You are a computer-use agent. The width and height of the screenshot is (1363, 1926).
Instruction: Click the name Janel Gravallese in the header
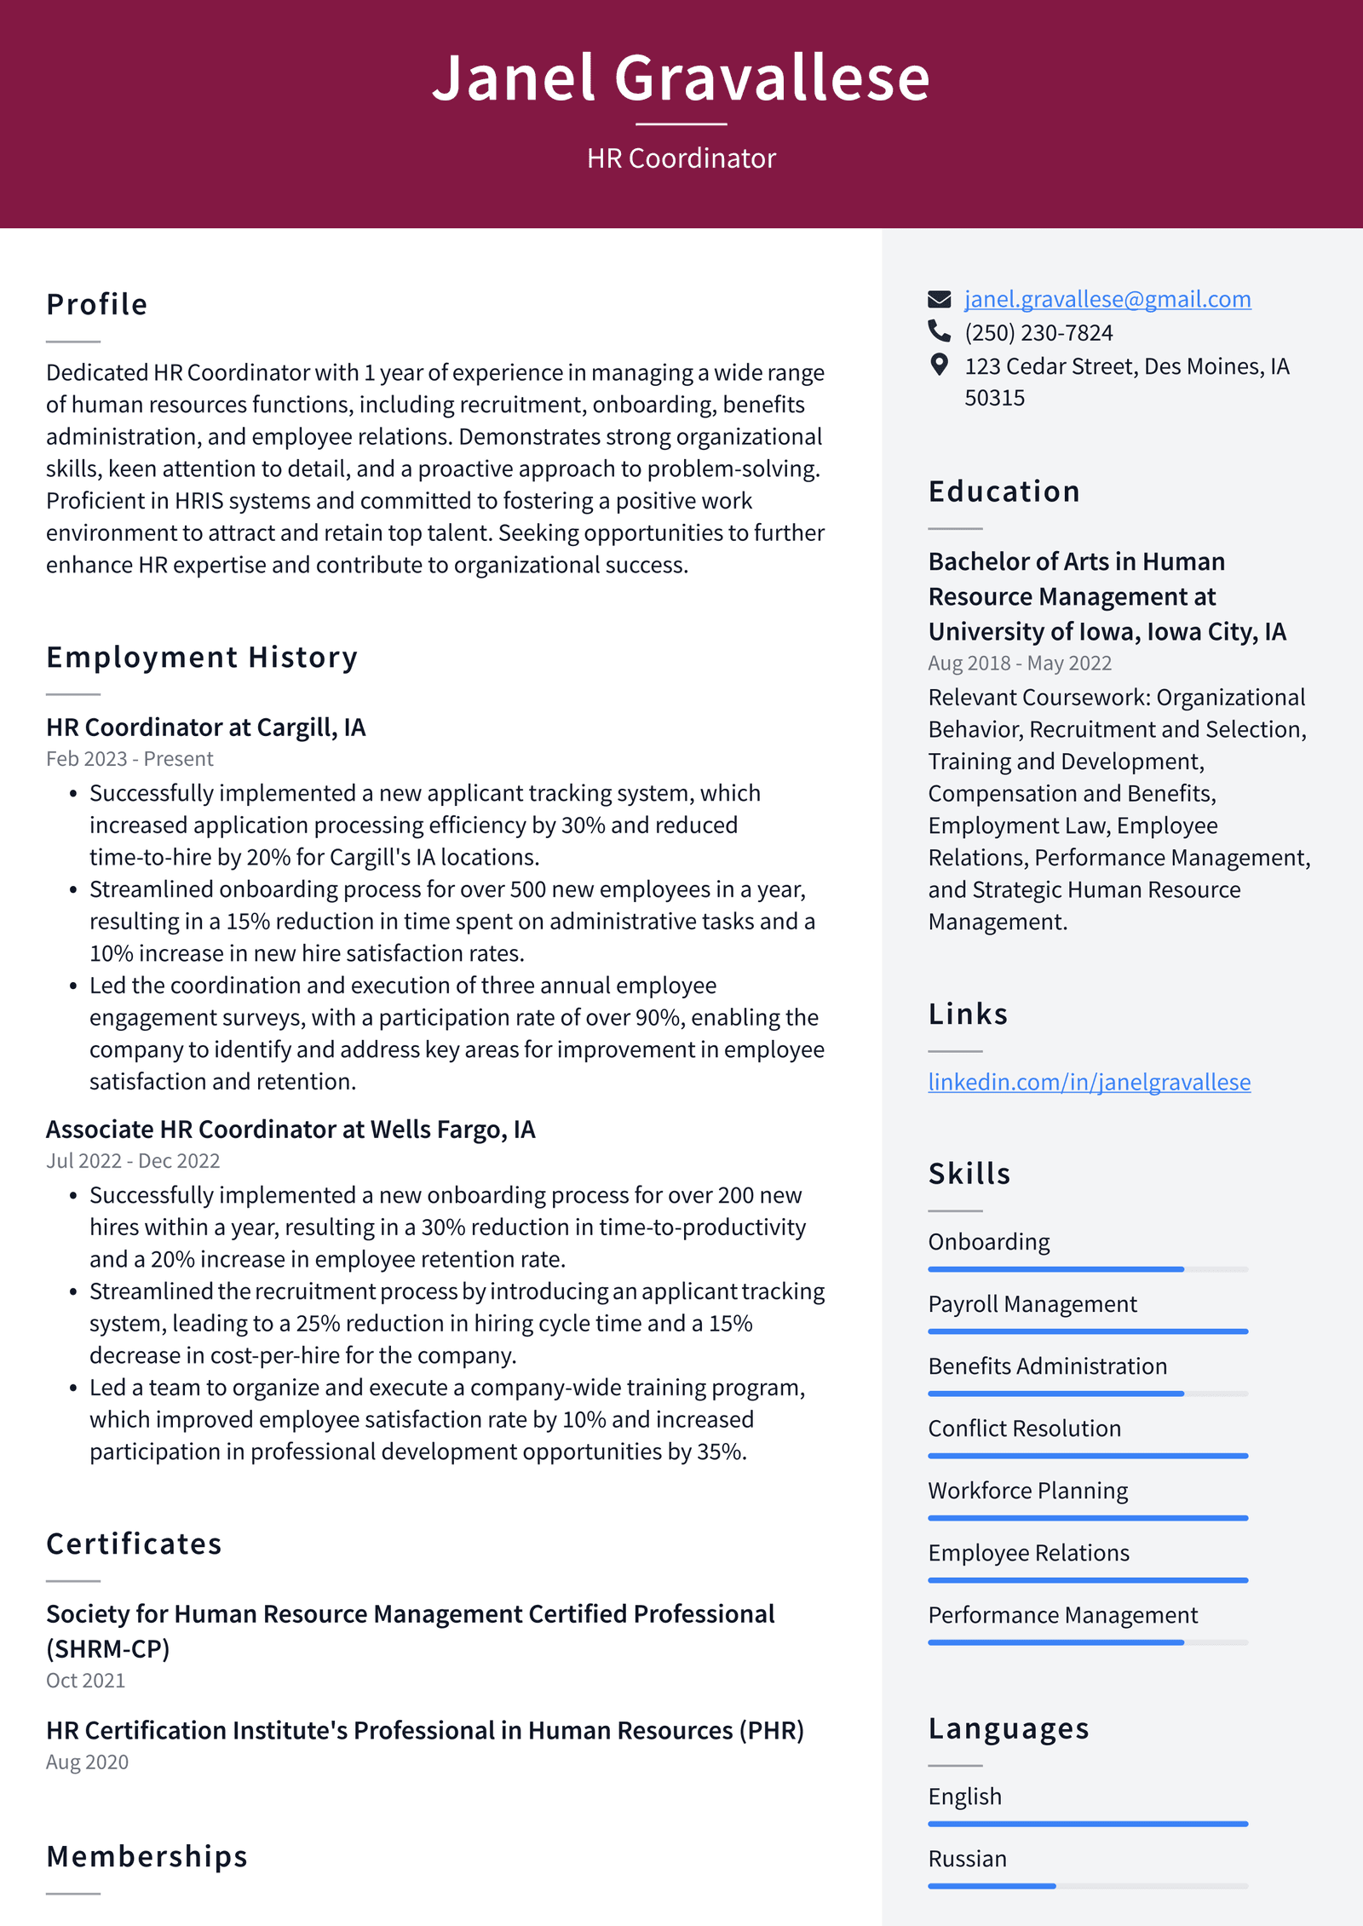(x=681, y=78)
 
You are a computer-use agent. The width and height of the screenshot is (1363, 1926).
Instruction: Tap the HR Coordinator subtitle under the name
(x=681, y=158)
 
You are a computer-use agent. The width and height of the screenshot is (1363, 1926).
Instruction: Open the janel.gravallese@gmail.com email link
(x=1107, y=299)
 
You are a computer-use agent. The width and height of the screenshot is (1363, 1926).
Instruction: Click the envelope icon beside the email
(x=939, y=299)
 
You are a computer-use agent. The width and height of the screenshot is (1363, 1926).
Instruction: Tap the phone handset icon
(x=939, y=331)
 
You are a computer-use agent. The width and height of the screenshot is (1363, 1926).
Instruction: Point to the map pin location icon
(x=939, y=365)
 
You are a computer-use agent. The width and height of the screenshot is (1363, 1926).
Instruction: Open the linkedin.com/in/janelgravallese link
(x=1089, y=1082)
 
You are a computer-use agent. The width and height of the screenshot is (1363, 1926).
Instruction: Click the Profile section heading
(x=97, y=305)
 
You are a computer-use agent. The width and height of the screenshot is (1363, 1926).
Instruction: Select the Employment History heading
(x=202, y=658)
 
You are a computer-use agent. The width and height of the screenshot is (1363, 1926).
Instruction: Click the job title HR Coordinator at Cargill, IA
(x=205, y=727)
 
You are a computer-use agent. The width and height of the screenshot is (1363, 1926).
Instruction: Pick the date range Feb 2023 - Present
(x=129, y=759)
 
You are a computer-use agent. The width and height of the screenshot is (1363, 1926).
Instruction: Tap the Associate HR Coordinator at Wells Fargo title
(x=290, y=1130)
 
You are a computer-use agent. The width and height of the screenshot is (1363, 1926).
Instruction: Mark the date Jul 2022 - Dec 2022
(x=133, y=1161)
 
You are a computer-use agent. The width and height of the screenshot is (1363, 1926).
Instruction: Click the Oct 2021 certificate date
(x=85, y=1681)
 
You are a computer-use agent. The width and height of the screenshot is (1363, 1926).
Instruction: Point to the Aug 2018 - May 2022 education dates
(x=1019, y=664)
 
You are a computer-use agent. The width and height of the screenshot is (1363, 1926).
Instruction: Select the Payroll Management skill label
(x=1032, y=1304)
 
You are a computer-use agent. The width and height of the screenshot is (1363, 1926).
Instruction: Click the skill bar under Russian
(x=1087, y=1886)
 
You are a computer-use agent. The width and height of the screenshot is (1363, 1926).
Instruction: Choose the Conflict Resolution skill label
(x=1024, y=1429)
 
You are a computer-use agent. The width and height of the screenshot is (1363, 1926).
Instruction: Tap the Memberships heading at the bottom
(x=147, y=1856)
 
